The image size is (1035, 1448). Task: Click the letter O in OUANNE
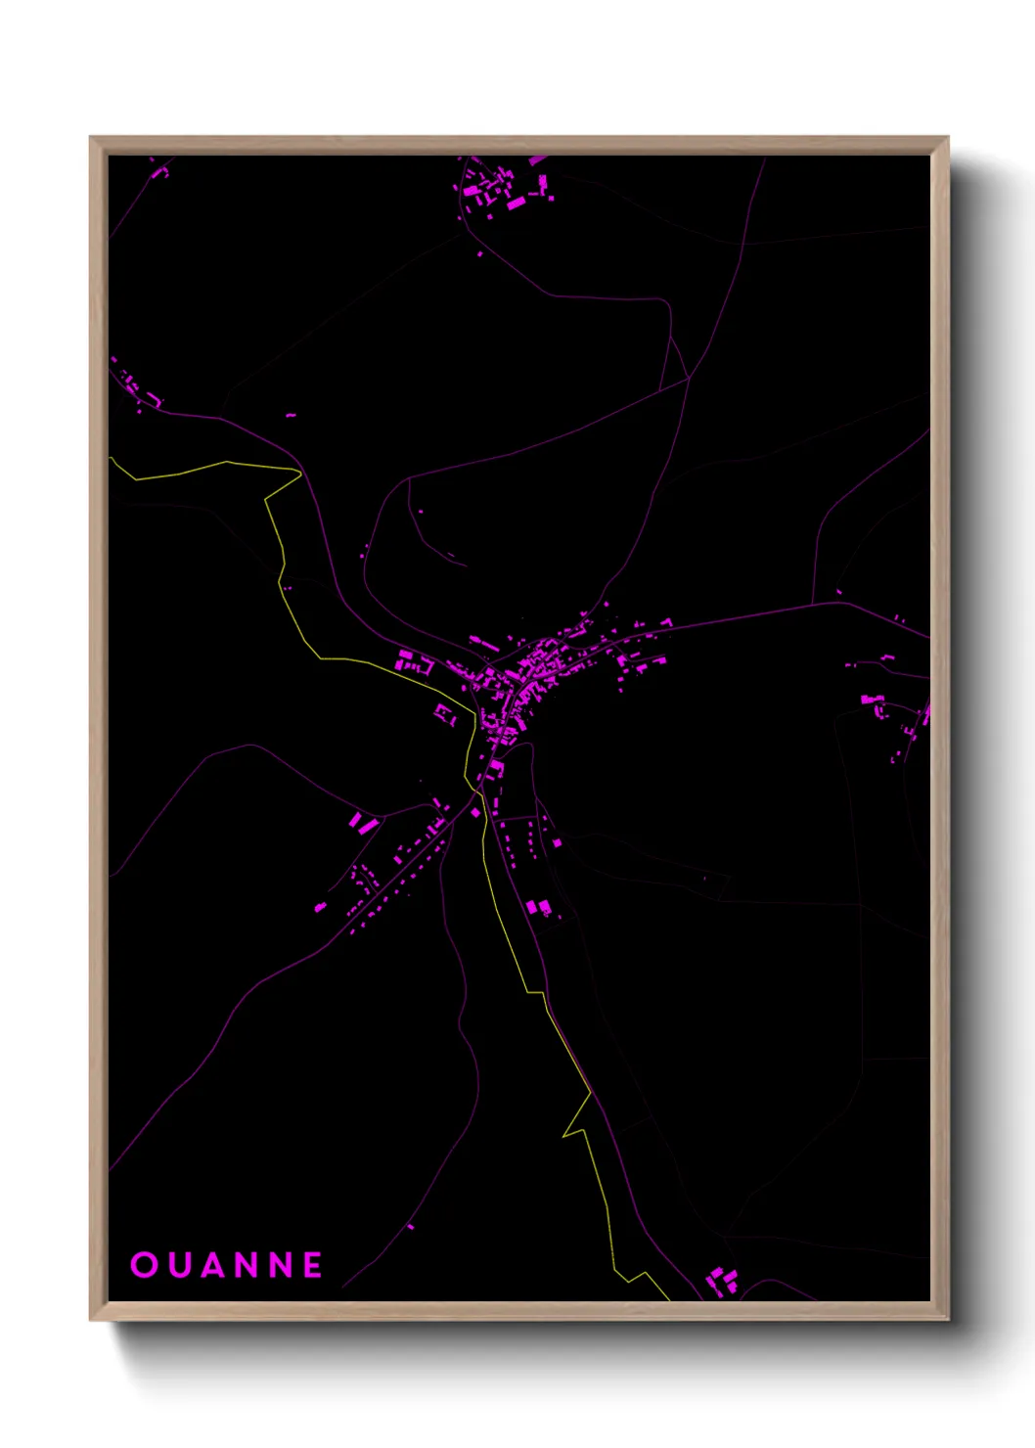144,1265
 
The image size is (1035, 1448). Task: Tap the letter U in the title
181,1265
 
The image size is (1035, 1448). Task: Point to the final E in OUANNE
313,1265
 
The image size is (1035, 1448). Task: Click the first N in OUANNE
253,1265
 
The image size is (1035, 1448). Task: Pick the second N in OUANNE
284,1265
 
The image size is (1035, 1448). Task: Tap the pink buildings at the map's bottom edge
723,1279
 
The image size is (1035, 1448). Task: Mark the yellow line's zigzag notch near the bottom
577,1125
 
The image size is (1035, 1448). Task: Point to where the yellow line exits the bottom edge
668,1298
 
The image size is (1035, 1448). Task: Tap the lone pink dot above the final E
411,1226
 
